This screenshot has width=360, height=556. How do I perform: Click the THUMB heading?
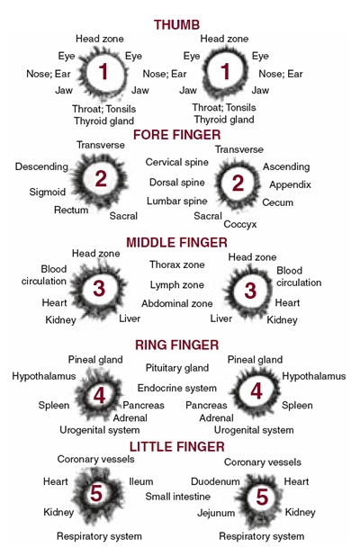point(176,25)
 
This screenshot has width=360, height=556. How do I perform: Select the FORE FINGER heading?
point(177,135)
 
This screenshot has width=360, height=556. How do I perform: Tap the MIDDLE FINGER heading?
point(176,243)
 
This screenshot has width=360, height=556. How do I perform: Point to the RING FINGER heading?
point(176,345)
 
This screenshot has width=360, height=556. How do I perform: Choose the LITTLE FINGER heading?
point(176,447)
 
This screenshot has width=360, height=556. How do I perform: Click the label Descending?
point(41,166)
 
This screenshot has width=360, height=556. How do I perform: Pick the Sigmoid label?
point(47,192)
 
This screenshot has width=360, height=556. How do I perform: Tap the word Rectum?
point(71,210)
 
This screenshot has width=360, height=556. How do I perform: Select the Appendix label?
point(290,184)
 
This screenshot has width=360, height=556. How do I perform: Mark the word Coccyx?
point(240,224)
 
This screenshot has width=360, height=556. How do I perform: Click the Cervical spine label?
point(176,163)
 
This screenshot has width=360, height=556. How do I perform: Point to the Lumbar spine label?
point(177,201)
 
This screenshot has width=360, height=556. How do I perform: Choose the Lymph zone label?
point(176,284)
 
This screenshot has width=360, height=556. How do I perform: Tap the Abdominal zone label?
point(177,303)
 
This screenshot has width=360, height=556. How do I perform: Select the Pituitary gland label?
point(177,368)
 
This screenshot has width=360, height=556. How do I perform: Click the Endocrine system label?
point(177,388)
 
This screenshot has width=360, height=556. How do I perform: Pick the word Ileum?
point(140,481)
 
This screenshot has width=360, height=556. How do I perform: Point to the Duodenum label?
point(215,481)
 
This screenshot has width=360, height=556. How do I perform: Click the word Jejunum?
point(216,513)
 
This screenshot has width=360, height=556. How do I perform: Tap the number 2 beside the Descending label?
point(101,179)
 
